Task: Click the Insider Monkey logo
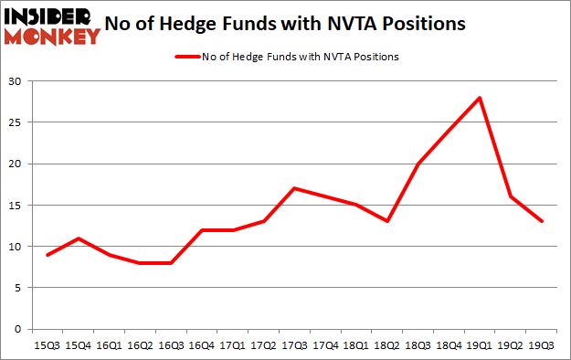point(52,25)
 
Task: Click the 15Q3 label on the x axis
point(47,345)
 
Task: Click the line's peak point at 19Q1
point(480,98)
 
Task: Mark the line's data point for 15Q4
point(79,238)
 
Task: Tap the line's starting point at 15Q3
point(47,255)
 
